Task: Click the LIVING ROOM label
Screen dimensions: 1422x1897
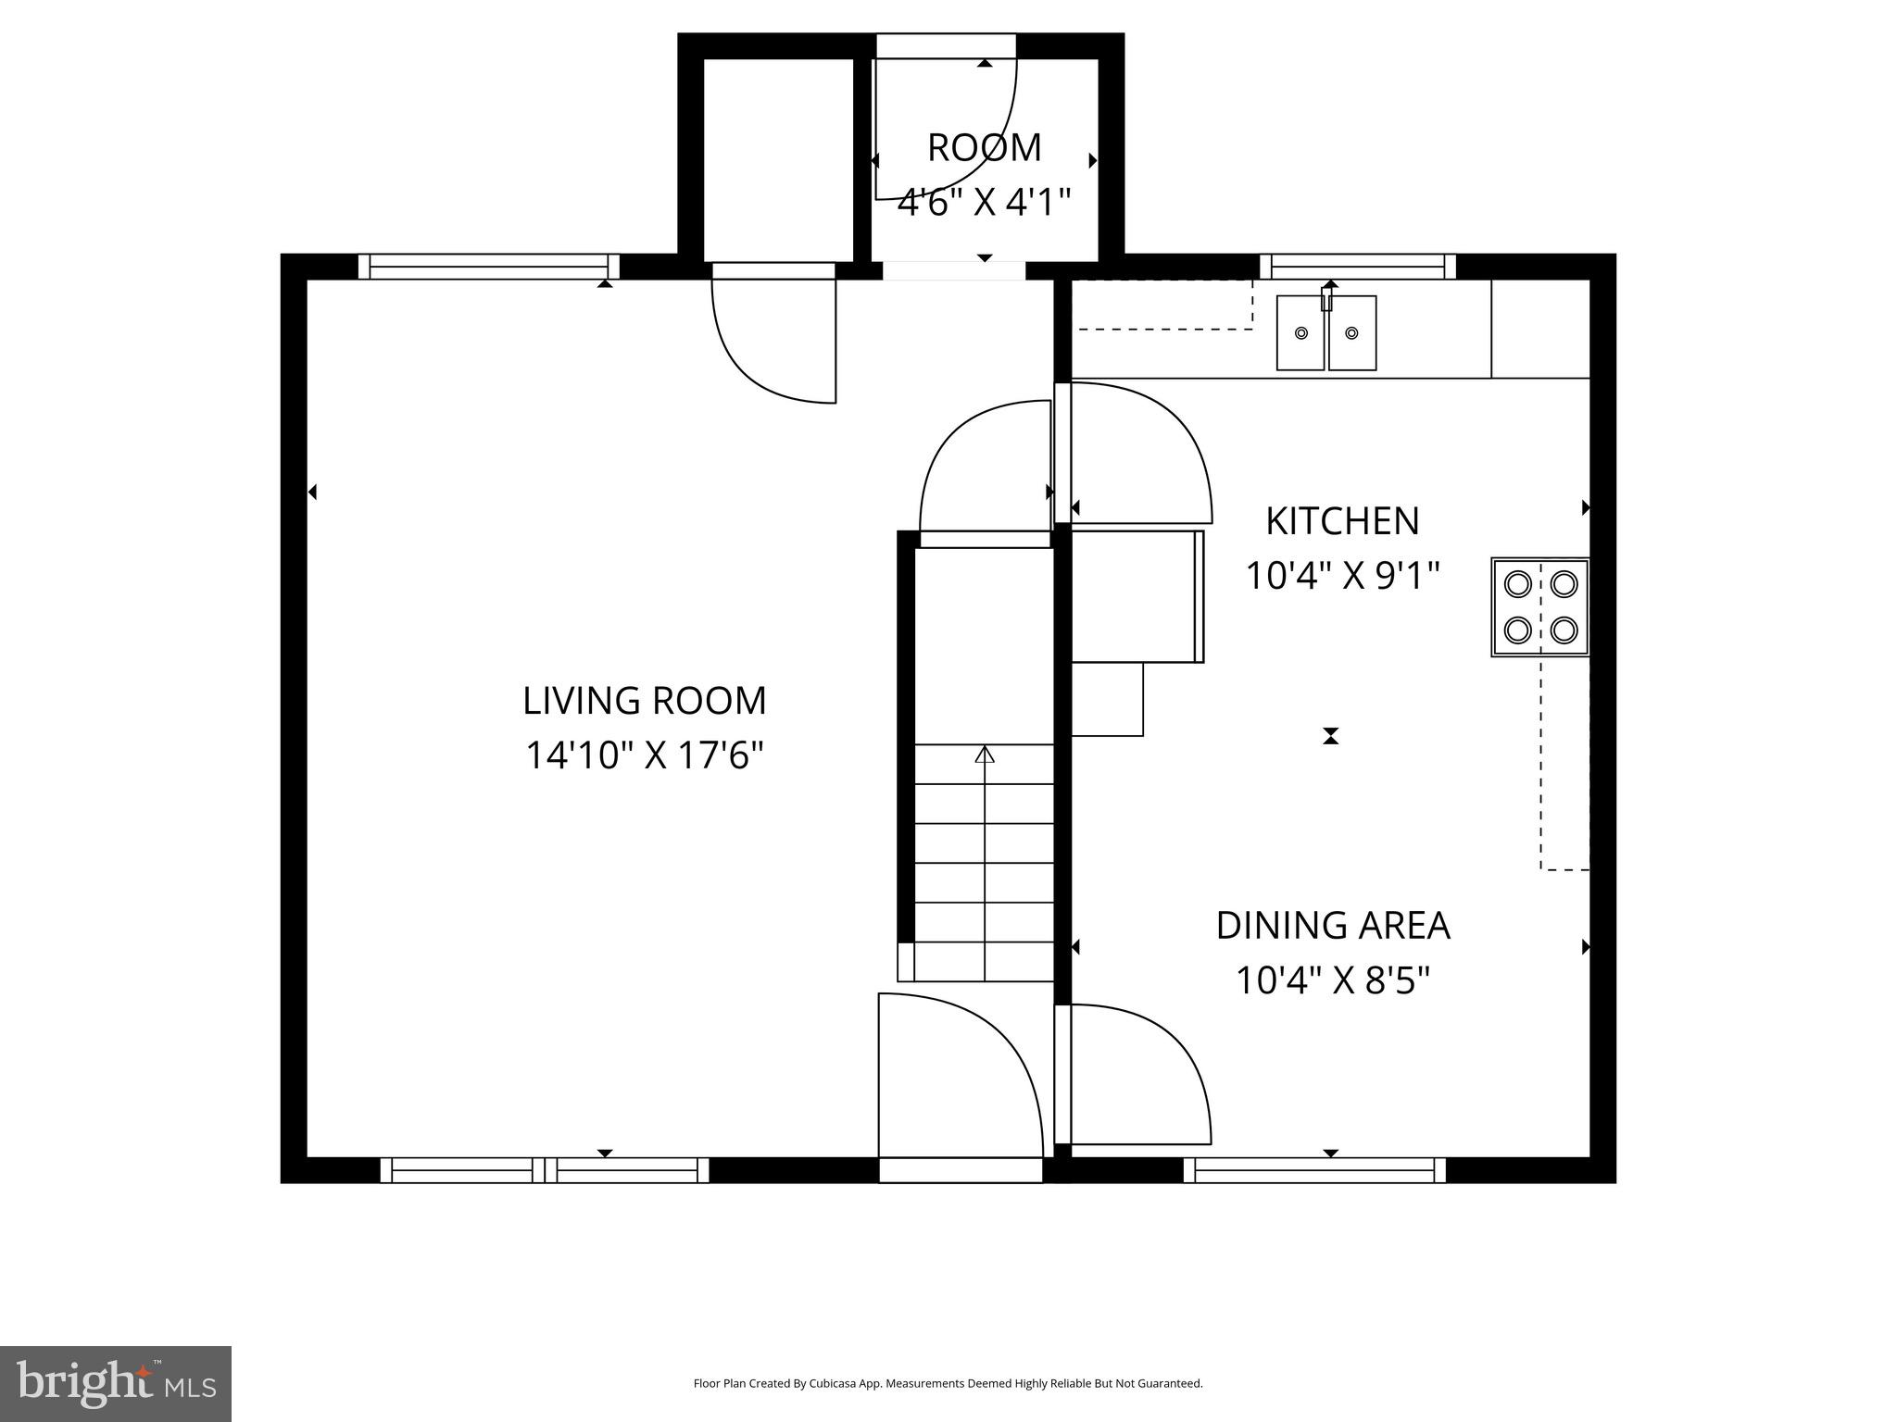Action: coord(645,701)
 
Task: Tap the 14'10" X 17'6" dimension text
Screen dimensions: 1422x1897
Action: coord(645,755)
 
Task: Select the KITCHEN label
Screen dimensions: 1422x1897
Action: coord(1342,521)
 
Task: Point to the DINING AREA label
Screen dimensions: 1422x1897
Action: coord(1332,926)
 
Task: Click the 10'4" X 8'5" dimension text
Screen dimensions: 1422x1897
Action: coord(1332,980)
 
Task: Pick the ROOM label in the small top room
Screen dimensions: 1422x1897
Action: coord(984,148)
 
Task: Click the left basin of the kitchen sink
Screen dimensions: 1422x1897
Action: coord(1300,333)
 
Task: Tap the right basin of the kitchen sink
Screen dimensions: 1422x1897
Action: coord(1352,333)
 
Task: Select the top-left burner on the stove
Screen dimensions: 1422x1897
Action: coord(1517,584)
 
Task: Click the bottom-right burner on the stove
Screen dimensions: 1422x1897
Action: coord(1564,630)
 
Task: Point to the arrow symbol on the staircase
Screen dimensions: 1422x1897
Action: coord(985,755)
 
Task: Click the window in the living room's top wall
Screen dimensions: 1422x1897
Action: coord(488,267)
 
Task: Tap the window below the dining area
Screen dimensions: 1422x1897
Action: coord(1314,1170)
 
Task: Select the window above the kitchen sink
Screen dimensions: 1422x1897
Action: coord(1358,267)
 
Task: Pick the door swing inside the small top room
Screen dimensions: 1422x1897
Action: coord(945,130)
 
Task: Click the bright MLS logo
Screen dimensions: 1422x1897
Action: coord(116,1383)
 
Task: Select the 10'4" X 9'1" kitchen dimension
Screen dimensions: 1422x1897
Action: coord(1342,576)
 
